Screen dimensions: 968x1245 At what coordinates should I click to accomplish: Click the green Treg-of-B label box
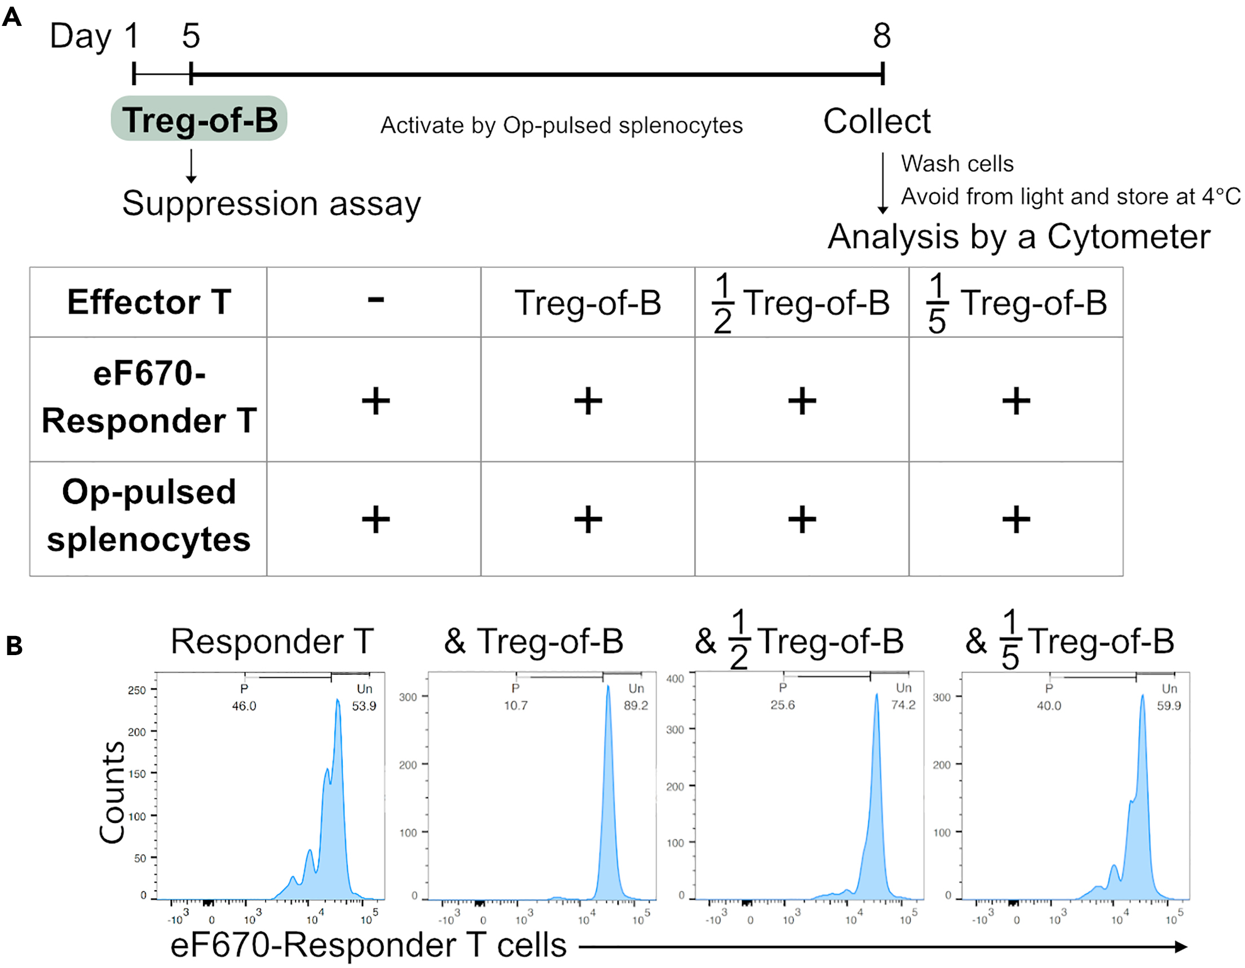click(199, 119)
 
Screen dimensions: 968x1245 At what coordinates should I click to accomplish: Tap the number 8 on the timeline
click(881, 36)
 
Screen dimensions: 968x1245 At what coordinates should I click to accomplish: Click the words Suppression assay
click(271, 204)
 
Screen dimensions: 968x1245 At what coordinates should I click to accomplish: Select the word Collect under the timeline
click(877, 121)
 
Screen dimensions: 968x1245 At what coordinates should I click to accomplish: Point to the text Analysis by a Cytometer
click(1019, 237)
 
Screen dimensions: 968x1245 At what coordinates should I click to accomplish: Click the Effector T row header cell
click(149, 302)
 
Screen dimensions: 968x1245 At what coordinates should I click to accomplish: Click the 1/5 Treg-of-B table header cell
click(1016, 303)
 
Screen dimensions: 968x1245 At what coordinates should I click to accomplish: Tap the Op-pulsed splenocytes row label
click(149, 516)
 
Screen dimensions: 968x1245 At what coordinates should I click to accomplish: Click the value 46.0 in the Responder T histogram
click(244, 706)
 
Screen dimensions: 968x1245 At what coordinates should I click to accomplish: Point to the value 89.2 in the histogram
click(635, 706)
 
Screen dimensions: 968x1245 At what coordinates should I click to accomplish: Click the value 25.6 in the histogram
click(782, 705)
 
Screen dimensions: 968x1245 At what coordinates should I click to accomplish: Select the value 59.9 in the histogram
click(1169, 706)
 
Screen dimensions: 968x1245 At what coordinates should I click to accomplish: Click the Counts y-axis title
click(112, 792)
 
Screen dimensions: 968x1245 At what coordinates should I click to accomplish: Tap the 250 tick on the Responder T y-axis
click(137, 690)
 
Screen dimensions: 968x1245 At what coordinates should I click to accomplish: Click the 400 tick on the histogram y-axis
click(675, 679)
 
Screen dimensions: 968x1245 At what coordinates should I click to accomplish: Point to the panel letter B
click(14, 646)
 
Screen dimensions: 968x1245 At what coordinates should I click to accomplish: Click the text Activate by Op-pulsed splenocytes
click(562, 125)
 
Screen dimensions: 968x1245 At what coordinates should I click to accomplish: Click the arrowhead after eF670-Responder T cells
click(1181, 947)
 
